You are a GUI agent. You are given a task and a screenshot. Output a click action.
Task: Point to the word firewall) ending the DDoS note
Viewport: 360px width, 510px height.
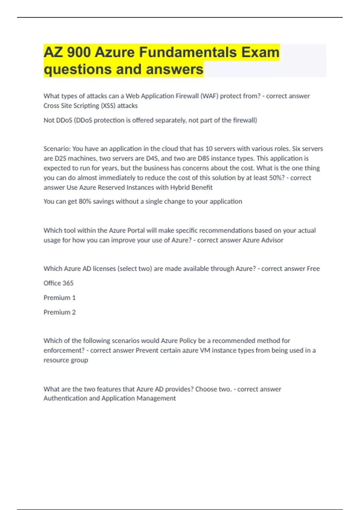coord(245,120)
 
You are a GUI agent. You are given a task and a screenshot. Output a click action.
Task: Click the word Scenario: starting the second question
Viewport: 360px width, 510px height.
coord(57,149)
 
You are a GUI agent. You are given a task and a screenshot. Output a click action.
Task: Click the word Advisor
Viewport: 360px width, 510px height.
coord(272,240)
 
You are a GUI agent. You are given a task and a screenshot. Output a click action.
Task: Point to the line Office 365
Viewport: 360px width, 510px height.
coord(58,283)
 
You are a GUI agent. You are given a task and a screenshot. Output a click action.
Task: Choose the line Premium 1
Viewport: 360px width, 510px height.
coord(59,298)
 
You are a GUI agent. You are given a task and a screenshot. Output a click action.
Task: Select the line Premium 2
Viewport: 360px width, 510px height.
coord(59,312)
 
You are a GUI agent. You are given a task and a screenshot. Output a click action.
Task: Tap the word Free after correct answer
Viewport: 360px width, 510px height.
coord(313,269)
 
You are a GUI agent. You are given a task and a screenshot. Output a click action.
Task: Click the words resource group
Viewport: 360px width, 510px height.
coord(66,360)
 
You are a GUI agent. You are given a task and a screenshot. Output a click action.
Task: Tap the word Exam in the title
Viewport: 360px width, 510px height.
coord(260,52)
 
